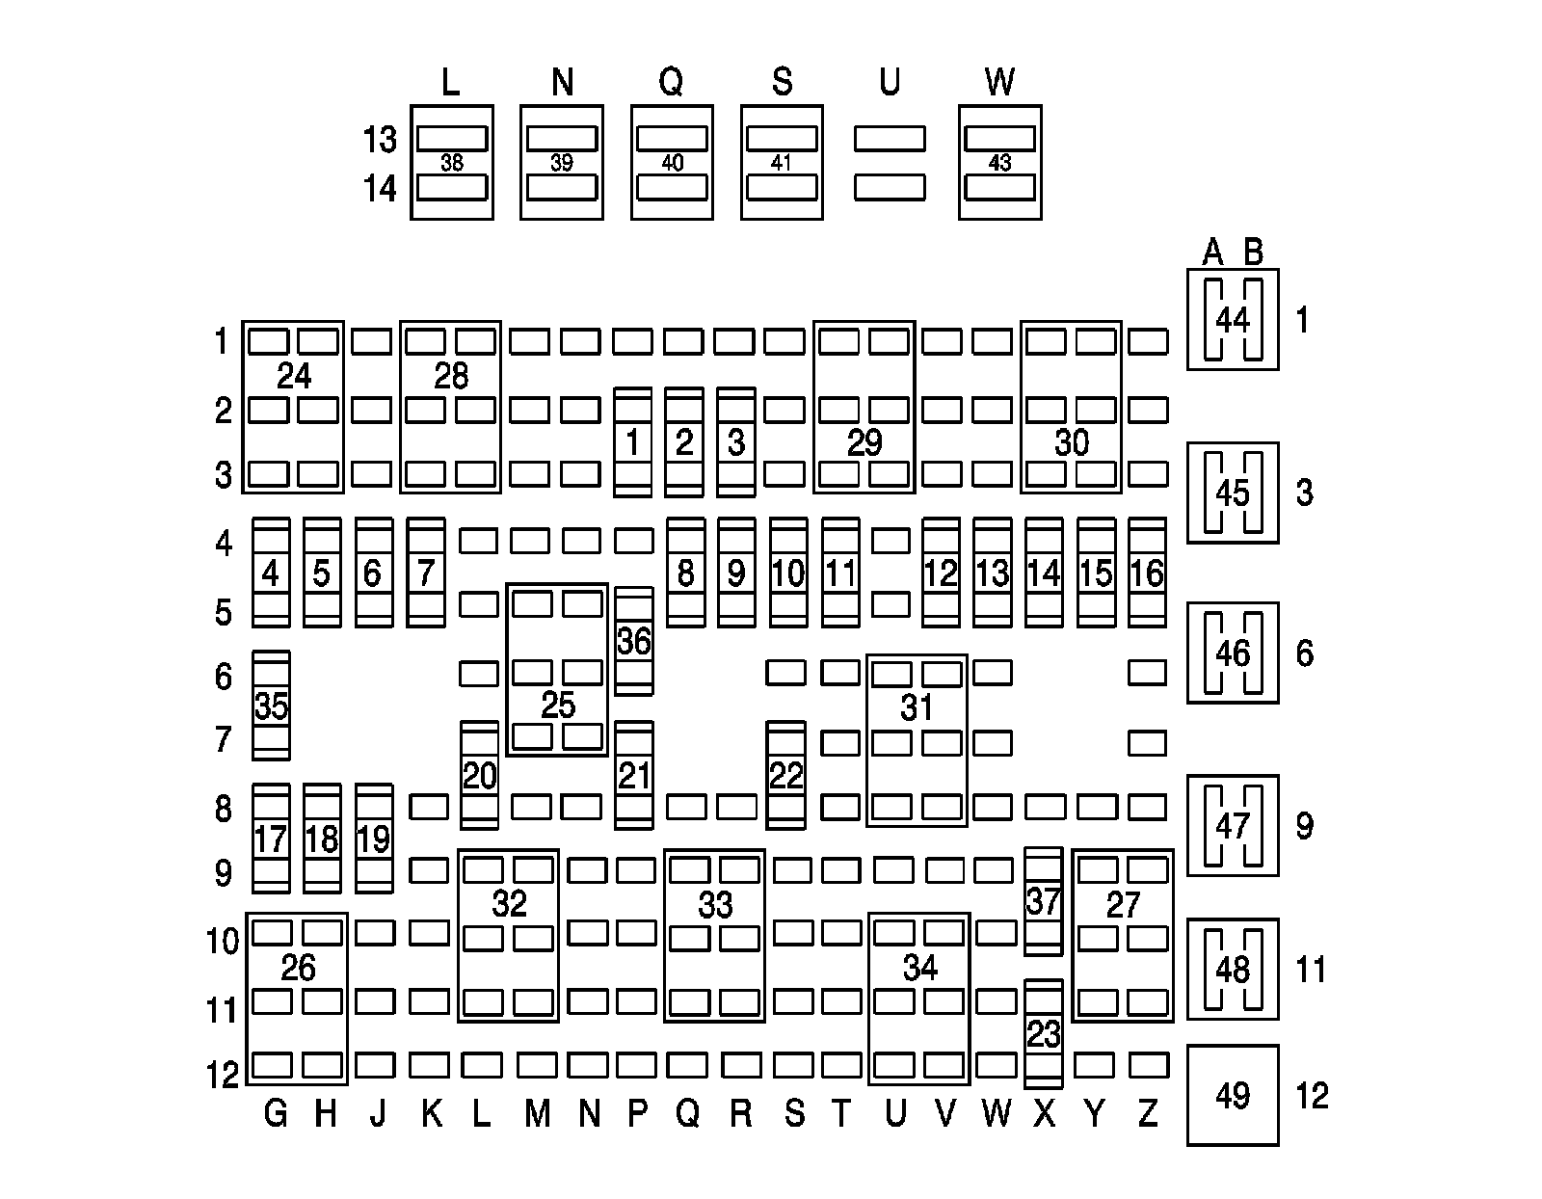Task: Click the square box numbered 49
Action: pyautogui.click(x=1233, y=1095)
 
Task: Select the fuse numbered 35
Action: pyautogui.click(x=271, y=706)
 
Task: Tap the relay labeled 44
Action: pyautogui.click(x=1233, y=319)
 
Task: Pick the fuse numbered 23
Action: pyautogui.click(x=1044, y=1034)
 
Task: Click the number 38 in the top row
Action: pyautogui.click(x=452, y=163)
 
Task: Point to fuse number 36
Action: pyautogui.click(x=633, y=641)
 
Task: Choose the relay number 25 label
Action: pyautogui.click(x=558, y=706)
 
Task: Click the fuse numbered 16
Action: pyautogui.click(x=1147, y=573)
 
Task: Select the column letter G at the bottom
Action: pyautogui.click(x=275, y=1114)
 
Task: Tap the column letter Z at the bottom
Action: pyautogui.click(x=1147, y=1114)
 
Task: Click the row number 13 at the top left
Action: pyautogui.click(x=380, y=140)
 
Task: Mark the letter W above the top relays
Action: pyautogui.click(x=999, y=83)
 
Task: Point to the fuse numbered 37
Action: pyautogui.click(x=1044, y=902)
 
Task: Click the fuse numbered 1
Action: pyautogui.click(x=633, y=442)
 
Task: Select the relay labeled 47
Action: pyautogui.click(x=1233, y=825)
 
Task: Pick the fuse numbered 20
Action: pyautogui.click(x=479, y=775)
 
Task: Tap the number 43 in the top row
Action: pyautogui.click(x=999, y=163)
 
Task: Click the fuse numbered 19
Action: pyautogui.click(x=373, y=839)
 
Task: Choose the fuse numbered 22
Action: pyautogui.click(x=785, y=775)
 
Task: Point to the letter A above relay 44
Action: pyautogui.click(x=1212, y=253)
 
